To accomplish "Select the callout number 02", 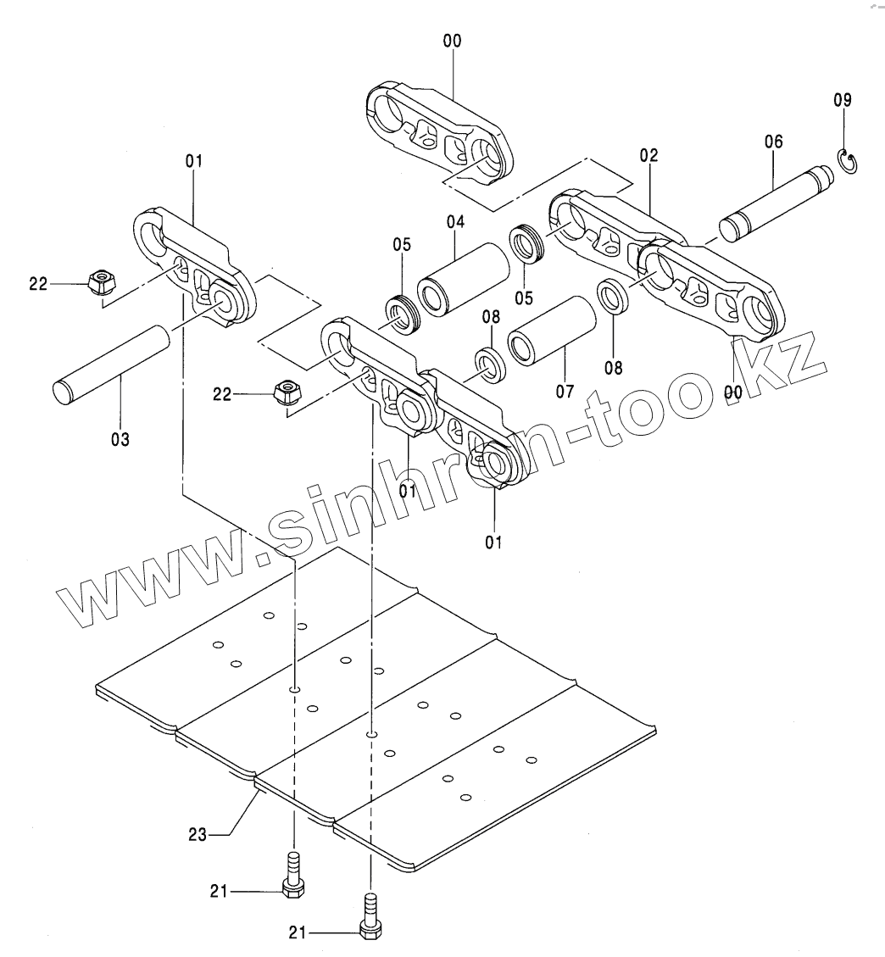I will [x=649, y=156].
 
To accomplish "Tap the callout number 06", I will [x=774, y=142].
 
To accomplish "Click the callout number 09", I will [x=842, y=100].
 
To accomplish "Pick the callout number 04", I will [x=456, y=222].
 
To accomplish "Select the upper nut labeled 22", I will [x=103, y=281].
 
